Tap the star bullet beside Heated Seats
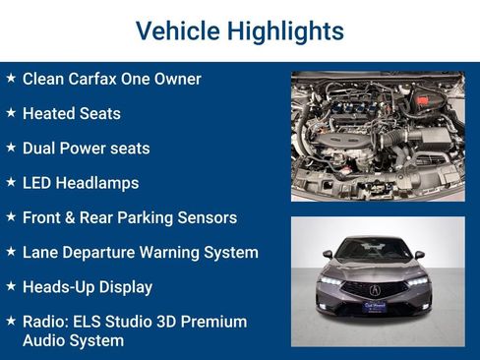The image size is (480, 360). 11,113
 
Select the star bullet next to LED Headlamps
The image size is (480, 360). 11,182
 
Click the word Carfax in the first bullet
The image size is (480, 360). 98,79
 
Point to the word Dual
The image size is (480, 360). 41,149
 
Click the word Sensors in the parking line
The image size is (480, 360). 208,217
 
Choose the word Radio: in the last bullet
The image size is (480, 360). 47,322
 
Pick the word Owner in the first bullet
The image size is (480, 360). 176,79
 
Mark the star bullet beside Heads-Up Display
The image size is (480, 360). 11,286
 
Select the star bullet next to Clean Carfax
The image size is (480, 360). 11,78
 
